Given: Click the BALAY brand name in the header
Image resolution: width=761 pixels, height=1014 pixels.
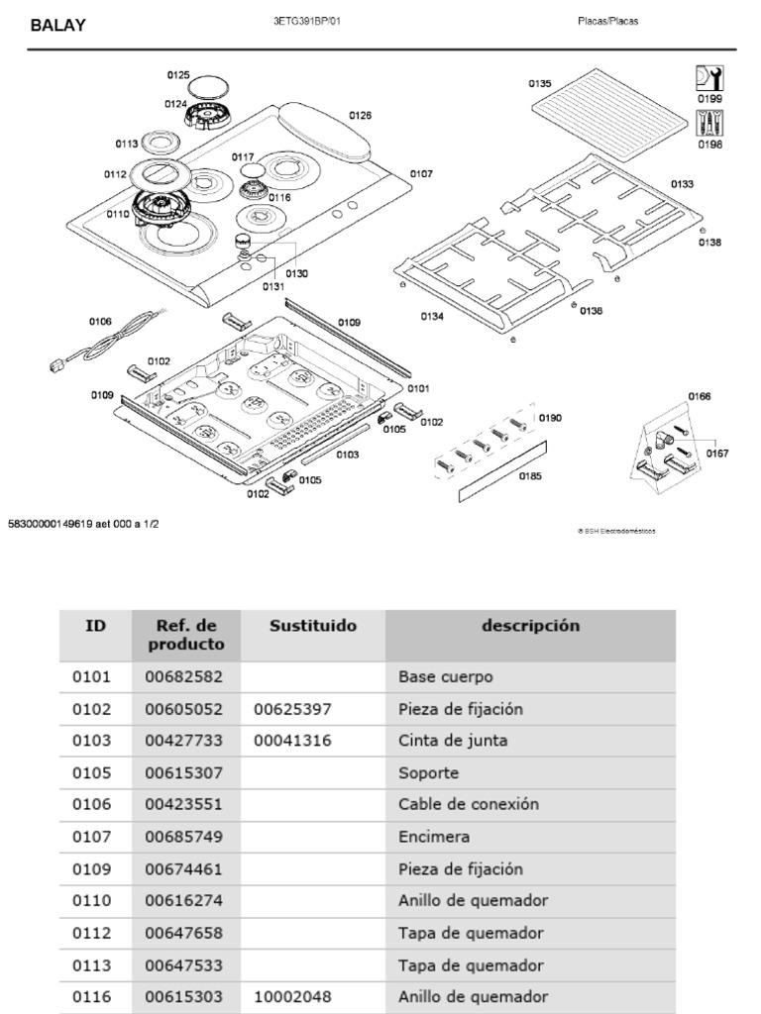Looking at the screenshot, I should (x=57, y=26).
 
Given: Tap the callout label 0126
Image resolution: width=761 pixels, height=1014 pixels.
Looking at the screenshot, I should (x=360, y=116).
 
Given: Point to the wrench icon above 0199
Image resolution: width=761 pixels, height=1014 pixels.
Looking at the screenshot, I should (x=709, y=78).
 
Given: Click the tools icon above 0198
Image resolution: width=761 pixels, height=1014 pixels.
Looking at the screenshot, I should (x=709, y=123).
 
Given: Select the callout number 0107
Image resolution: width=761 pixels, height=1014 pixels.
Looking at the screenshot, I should (x=421, y=174).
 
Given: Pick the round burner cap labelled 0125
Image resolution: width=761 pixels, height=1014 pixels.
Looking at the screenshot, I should (x=209, y=84).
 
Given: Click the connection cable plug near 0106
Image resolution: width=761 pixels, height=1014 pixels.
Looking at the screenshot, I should (x=57, y=364).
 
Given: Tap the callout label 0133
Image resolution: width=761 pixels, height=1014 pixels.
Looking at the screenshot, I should (x=682, y=184).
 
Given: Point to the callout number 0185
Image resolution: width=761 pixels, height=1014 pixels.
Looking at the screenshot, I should (x=530, y=475).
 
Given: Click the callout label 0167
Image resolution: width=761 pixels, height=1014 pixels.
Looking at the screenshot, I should (x=716, y=454).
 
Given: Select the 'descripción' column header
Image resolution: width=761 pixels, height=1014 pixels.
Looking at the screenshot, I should (x=530, y=626).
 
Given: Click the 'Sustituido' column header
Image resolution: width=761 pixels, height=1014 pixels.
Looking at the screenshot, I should (x=313, y=626).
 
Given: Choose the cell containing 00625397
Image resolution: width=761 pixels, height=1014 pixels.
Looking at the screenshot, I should (x=292, y=709).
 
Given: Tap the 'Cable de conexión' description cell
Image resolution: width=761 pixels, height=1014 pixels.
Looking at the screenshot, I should (x=469, y=804).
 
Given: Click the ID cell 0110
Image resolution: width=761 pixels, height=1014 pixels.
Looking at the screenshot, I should (x=92, y=900).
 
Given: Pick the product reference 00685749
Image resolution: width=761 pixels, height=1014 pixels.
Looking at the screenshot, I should (x=183, y=837).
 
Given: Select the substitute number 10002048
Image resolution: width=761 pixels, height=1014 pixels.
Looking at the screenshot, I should (x=292, y=996).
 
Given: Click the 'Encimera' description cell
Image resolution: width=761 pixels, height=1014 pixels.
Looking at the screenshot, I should (x=434, y=837).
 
